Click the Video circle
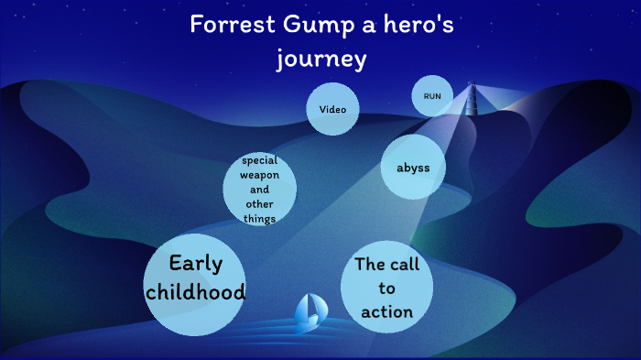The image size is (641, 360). [x=332, y=109]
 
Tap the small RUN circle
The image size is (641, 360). [x=432, y=95]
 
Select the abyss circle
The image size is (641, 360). [x=412, y=168]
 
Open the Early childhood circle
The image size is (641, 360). [x=195, y=278]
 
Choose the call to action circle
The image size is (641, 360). [x=386, y=288]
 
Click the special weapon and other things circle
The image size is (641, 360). [x=260, y=190]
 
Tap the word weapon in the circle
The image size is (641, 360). [x=260, y=175]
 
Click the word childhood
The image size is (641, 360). [x=195, y=293]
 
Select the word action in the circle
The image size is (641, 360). [x=387, y=311]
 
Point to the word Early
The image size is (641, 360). [x=195, y=264]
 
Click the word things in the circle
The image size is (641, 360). [x=260, y=218]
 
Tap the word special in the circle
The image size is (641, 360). [x=260, y=160]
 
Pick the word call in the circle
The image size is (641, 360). [x=404, y=265]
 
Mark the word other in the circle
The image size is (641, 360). [x=260, y=203]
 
